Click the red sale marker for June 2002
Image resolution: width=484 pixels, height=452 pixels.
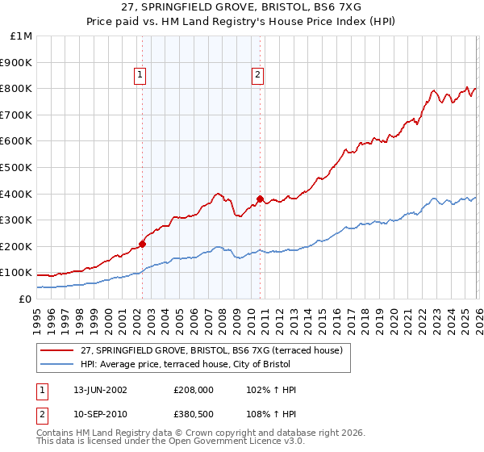[142, 243]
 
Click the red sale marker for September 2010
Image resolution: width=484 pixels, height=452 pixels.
[260, 198]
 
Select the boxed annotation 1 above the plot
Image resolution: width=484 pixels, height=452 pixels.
[140, 76]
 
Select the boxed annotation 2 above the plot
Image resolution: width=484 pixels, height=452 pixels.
[257, 76]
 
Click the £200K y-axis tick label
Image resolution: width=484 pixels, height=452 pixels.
[17, 246]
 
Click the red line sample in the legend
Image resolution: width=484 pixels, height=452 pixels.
[57, 350]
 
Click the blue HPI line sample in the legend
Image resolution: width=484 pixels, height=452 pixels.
[57, 364]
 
